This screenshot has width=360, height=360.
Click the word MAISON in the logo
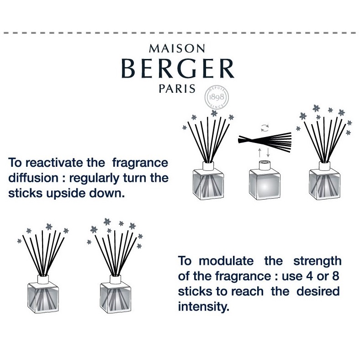point(177,48)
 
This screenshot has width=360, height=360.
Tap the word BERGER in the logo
point(178,68)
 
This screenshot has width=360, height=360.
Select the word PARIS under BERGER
point(177,89)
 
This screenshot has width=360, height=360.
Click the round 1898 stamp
point(217,97)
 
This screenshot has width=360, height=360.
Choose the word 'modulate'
point(226,261)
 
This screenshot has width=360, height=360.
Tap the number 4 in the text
point(310,276)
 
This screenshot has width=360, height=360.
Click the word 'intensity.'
point(204,307)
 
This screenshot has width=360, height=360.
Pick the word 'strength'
point(318,261)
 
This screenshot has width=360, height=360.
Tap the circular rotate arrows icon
point(265,128)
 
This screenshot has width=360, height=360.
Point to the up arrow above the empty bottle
point(259,153)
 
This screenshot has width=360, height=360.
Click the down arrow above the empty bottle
point(268,153)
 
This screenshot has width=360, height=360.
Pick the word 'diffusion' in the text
point(33,178)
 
